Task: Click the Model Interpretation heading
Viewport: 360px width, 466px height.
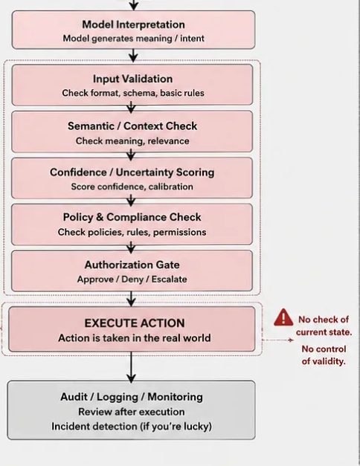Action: (x=133, y=25)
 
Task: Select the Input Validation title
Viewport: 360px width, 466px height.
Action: (x=132, y=79)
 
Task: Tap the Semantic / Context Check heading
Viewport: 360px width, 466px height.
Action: (x=132, y=126)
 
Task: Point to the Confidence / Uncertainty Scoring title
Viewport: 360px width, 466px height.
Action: (x=132, y=172)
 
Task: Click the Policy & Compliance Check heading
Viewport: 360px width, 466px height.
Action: (x=132, y=217)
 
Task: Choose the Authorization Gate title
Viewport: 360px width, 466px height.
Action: (x=132, y=265)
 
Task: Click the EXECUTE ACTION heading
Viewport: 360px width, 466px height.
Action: (x=135, y=323)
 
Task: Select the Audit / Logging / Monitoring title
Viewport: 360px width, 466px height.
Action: (x=132, y=397)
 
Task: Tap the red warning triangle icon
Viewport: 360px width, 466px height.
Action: (x=283, y=317)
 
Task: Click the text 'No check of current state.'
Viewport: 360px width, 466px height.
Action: (x=324, y=326)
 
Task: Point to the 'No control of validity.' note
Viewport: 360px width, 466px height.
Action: (x=324, y=355)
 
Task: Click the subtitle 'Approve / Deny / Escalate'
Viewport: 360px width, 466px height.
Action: (x=132, y=279)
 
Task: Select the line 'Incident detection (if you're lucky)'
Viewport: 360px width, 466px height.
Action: (x=132, y=427)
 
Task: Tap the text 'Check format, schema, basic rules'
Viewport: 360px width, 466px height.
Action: (x=133, y=93)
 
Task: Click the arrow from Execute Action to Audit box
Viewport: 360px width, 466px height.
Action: (x=131, y=367)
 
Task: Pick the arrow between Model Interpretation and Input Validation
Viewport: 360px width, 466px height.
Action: (x=133, y=56)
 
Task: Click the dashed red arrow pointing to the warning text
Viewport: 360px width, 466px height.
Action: (x=278, y=340)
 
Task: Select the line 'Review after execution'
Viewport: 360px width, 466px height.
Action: (x=132, y=412)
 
